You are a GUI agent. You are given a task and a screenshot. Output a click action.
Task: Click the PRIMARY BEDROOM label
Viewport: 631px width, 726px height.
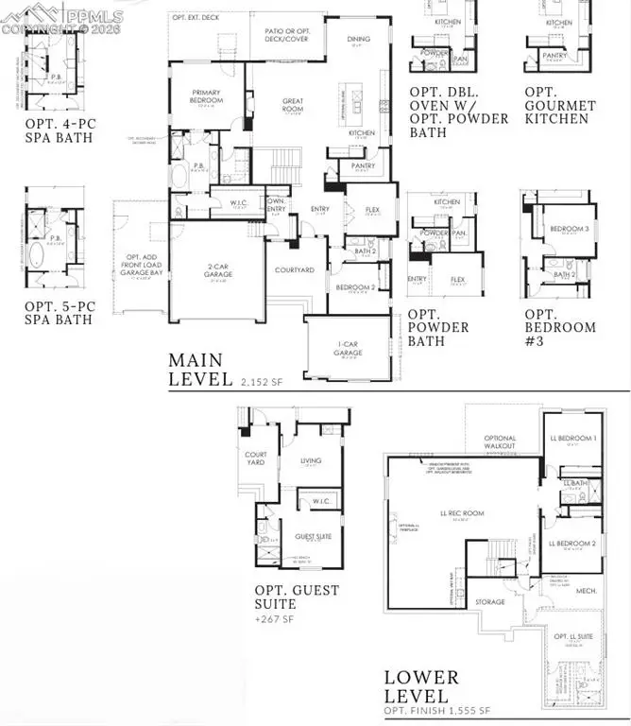tap(205, 95)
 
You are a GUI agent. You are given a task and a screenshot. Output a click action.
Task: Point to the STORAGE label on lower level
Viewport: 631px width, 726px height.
tap(489, 601)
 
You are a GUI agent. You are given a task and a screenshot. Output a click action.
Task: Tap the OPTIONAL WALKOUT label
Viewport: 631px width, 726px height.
tap(501, 441)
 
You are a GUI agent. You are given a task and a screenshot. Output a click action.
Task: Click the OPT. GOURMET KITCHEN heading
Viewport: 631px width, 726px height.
tap(561, 107)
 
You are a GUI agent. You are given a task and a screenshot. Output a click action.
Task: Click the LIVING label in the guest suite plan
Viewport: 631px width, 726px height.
tap(311, 461)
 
